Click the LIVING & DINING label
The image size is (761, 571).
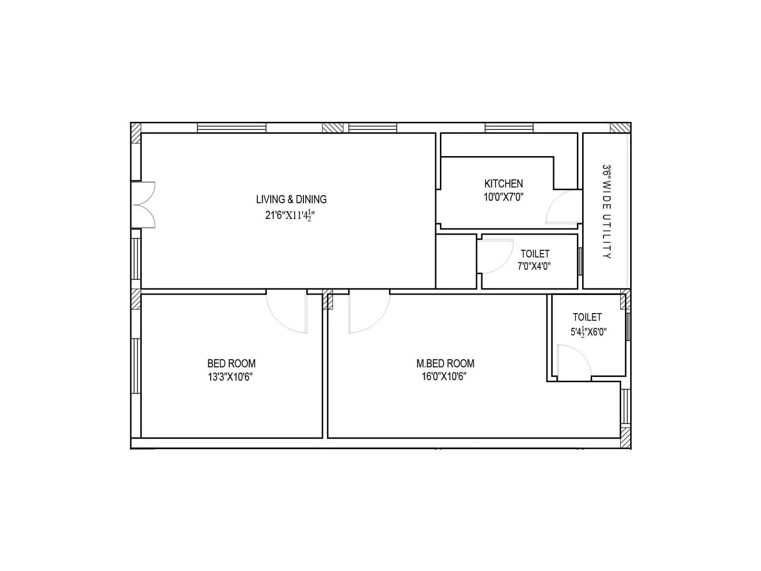click(x=291, y=199)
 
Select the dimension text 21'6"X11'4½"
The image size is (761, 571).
click(x=290, y=215)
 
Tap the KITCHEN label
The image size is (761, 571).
click(x=503, y=184)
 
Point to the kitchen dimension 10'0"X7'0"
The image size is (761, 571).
click(x=503, y=197)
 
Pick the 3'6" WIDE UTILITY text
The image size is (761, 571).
click(x=606, y=212)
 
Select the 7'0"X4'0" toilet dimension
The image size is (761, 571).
click(x=534, y=266)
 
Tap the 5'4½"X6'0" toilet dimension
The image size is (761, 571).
click(x=588, y=332)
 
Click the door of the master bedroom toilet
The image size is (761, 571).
click(x=573, y=362)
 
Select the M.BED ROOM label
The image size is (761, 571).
click(x=445, y=364)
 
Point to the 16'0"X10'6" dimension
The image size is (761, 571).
click(x=445, y=377)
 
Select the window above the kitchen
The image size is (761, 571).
click(x=509, y=128)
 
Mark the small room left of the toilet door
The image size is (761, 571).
click(x=456, y=261)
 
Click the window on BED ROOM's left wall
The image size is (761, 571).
click(x=136, y=365)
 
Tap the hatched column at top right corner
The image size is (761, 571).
click(x=620, y=128)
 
